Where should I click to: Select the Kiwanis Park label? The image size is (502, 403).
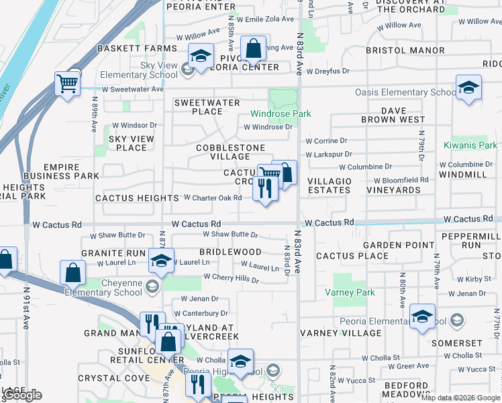[x=470, y=145]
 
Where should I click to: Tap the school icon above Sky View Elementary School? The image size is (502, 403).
[x=200, y=57]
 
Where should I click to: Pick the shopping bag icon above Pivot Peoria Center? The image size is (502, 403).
[x=253, y=49]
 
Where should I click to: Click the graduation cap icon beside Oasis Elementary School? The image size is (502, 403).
[x=468, y=88]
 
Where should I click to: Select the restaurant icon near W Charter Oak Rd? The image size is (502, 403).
[x=265, y=189]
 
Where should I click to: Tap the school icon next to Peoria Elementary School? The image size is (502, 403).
[x=422, y=317]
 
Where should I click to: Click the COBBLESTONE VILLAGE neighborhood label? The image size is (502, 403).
[x=230, y=152]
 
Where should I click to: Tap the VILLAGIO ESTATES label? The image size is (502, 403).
[x=329, y=185]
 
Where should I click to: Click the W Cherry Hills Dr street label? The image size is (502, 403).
[x=231, y=277]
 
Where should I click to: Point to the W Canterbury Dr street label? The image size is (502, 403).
[x=201, y=313]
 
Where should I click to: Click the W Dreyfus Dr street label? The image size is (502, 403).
[x=328, y=71]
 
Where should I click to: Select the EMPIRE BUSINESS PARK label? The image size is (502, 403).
[x=61, y=171]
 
